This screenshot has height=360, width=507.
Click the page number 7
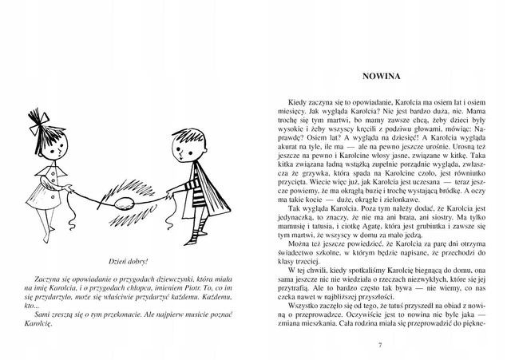click(380, 344)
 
